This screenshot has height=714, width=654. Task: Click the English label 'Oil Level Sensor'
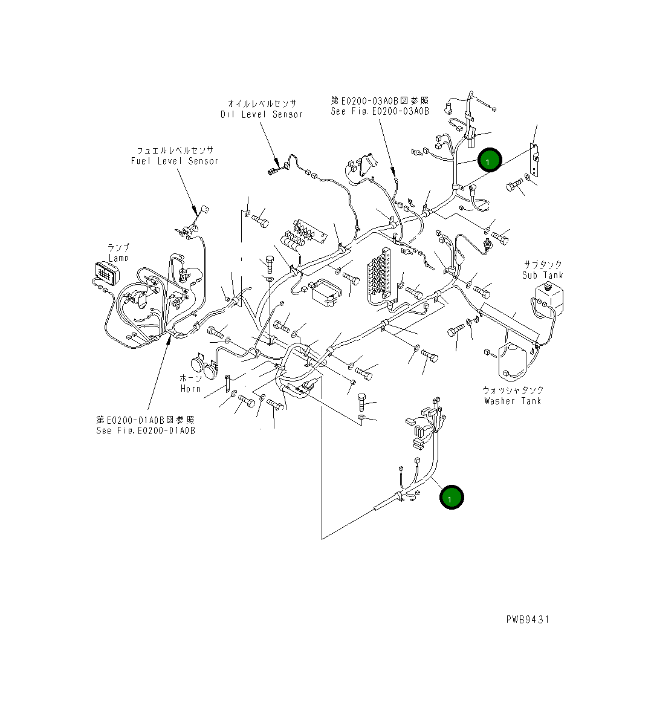(x=261, y=114)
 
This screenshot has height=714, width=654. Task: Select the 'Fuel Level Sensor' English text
(x=174, y=161)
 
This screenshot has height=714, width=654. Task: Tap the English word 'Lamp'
(x=118, y=258)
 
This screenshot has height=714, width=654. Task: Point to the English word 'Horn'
(x=190, y=389)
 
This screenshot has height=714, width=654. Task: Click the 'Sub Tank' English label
(x=542, y=275)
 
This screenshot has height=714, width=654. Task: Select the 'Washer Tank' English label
(x=513, y=401)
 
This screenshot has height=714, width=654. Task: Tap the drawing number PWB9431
(x=528, y=619)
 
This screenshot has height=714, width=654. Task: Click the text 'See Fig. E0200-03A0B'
(x=380, y=111)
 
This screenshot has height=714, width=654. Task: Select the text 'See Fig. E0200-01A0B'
(x=145, y=430)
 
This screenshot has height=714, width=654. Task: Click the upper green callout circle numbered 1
(x=489, y=160)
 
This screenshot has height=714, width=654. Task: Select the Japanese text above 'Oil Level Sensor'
(x=262, y=103)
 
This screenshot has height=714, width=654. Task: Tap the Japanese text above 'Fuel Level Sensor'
(x=175, y=150)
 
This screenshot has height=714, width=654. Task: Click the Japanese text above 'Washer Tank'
(x=513, y=390)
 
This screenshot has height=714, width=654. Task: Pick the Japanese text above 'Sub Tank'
(x=542, y=265)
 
